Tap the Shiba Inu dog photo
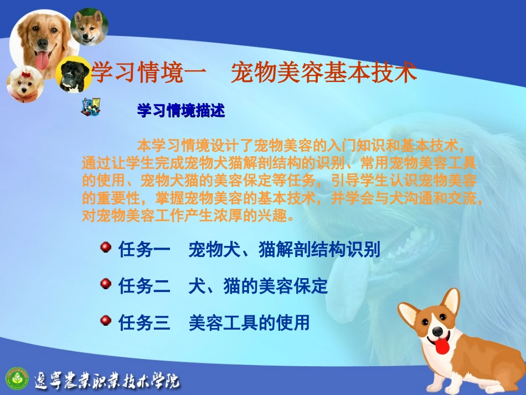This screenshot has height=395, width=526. (89, 26)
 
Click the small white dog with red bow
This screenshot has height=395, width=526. (24, 83)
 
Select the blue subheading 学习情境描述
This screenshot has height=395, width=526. (181, 111)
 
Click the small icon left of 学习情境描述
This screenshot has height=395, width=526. (90, 106)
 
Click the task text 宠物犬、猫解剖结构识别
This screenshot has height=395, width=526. (284, 249)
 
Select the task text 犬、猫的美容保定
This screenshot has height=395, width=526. (258, 286)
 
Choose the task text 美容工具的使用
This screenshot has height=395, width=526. (249, 322)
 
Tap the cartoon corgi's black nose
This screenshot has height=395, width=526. (437, 332)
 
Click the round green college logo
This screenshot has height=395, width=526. (16, 378)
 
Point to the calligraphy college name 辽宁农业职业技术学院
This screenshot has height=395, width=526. (107, 380)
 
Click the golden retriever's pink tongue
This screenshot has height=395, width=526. (43, 60)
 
